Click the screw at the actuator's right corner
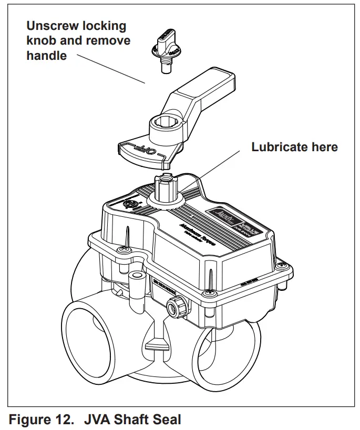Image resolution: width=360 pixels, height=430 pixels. coord(283,266)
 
